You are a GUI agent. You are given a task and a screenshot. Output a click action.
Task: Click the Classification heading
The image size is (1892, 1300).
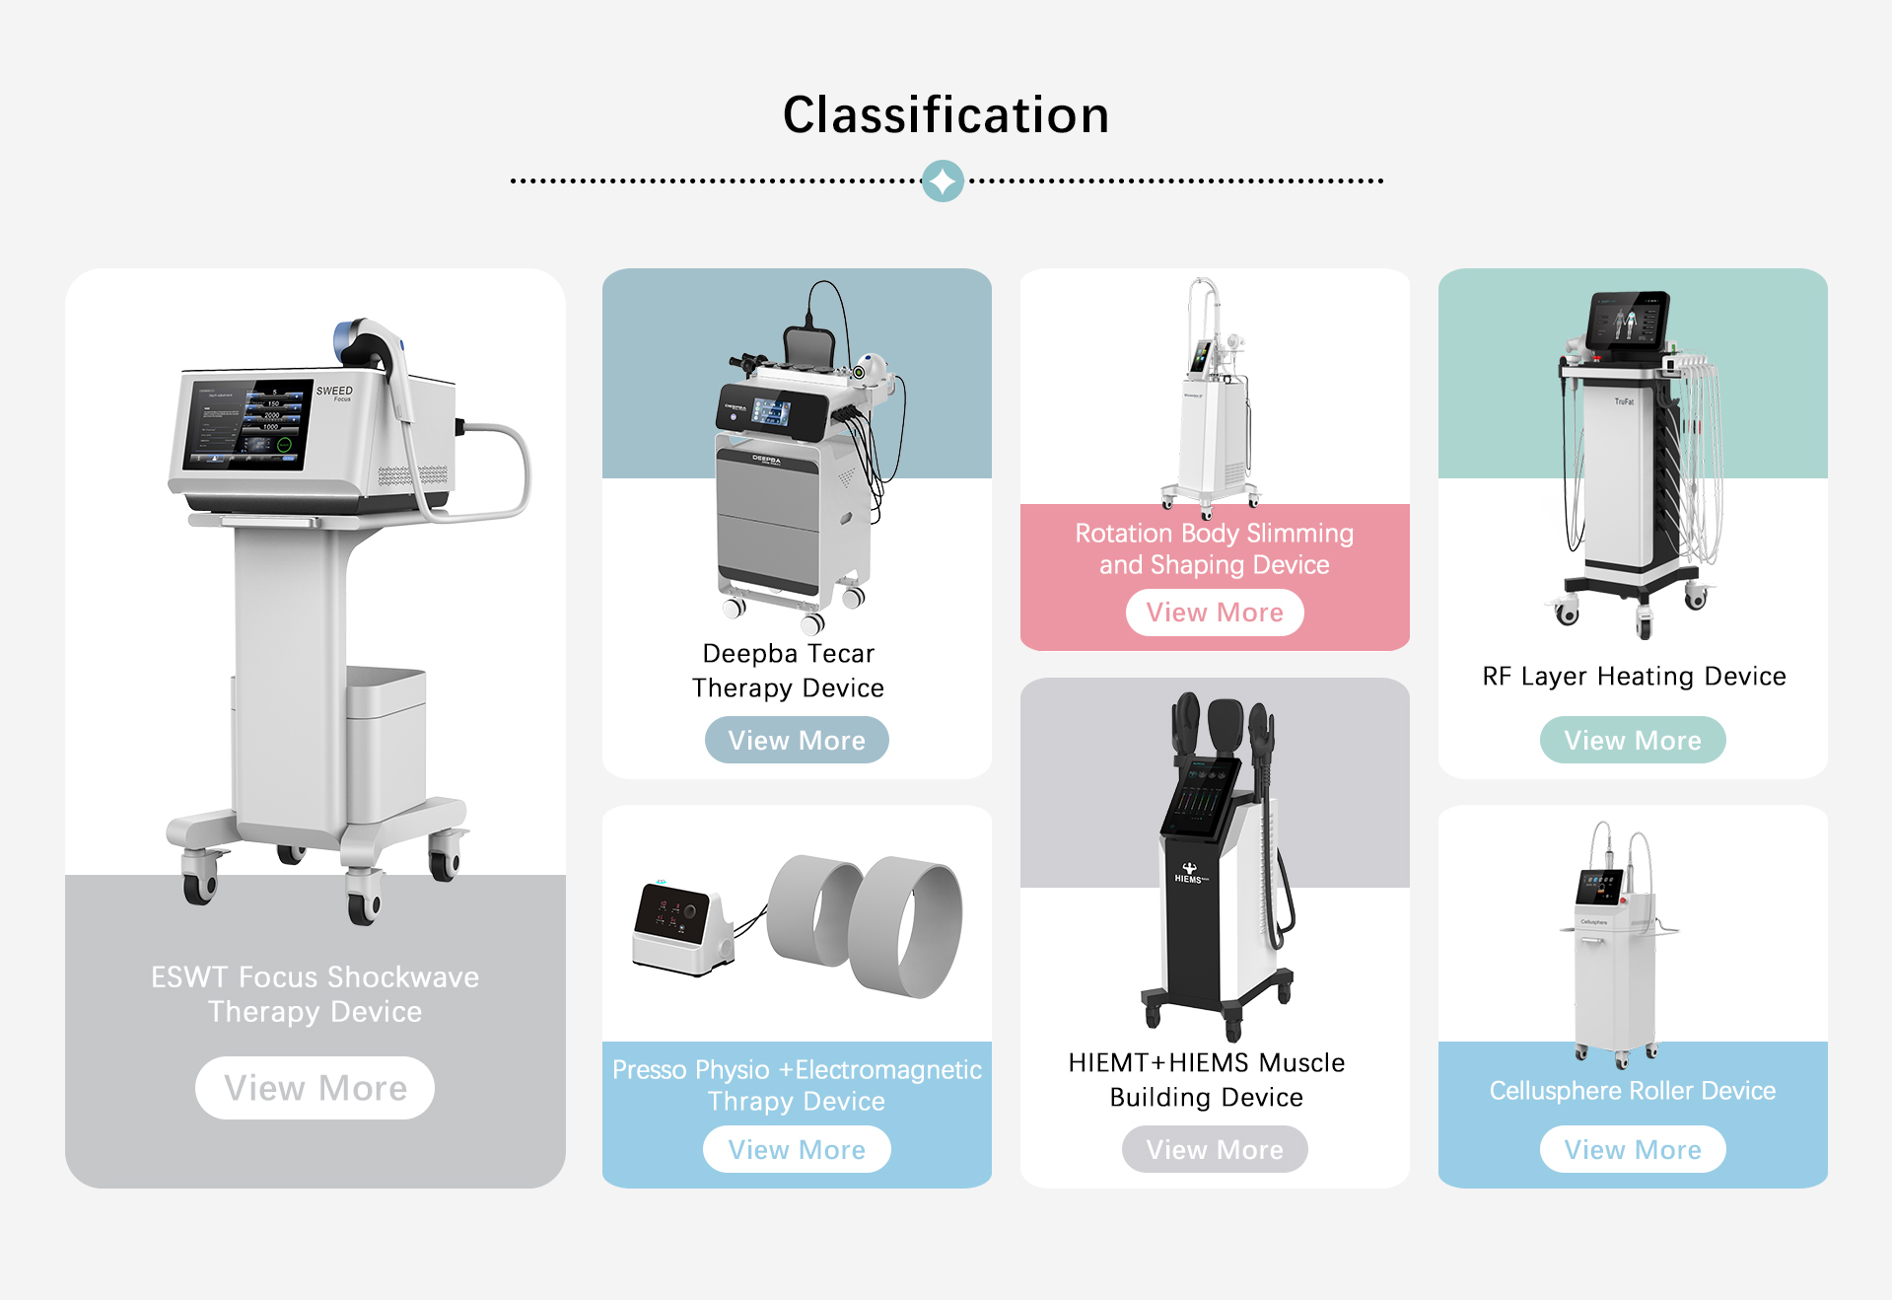pos(946,115)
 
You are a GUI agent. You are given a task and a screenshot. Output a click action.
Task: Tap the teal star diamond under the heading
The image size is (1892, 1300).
pos(943,181)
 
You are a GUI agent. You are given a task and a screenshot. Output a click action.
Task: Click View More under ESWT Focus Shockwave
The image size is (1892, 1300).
pos(315,1088)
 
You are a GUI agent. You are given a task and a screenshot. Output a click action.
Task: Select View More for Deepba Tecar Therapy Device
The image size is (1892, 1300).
pos(797,741)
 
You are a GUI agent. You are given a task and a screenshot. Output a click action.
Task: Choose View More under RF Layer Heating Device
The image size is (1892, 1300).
pos(1633,741)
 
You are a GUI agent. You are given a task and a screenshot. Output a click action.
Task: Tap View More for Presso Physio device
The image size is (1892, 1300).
pos(797,1150)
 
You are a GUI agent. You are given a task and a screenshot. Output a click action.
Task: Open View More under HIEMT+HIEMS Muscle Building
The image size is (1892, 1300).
pos(1215,1150)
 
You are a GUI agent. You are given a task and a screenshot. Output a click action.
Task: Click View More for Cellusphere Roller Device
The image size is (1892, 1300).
pos(1633,1150)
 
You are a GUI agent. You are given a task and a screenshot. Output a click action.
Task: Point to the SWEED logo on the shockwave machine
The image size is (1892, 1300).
pos(334,392)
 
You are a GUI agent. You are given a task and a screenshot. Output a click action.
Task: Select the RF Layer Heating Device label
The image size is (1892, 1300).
pos(1634,677)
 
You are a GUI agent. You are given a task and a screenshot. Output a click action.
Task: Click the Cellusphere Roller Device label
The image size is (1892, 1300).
pos(1633,1091)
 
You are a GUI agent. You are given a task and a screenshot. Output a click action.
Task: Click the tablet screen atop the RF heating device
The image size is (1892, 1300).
pos(1628,320)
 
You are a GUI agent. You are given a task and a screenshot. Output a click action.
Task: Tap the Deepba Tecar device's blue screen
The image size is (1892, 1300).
pos(770,411)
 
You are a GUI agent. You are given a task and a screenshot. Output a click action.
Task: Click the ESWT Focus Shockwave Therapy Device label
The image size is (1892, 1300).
pos(315,994)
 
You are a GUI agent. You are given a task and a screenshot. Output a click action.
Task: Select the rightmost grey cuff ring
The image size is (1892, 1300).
pos(905,927)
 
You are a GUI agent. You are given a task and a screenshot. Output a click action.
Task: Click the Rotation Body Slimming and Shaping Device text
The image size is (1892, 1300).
pos(1215,548)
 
